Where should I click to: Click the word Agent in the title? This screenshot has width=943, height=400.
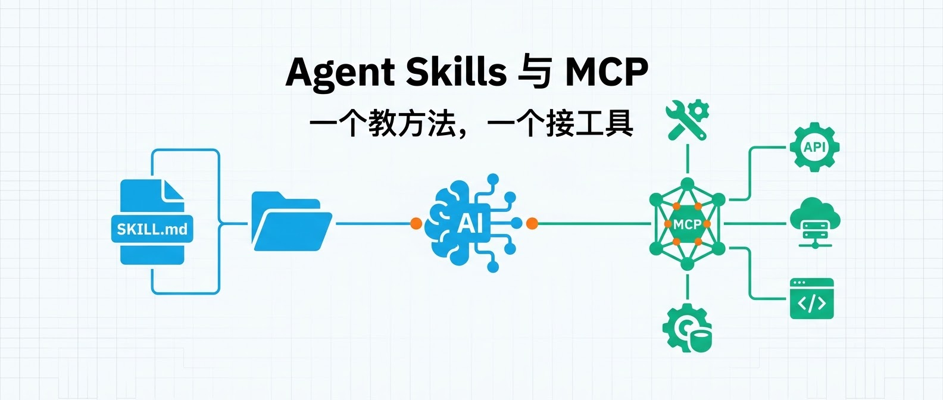tap(340, 73)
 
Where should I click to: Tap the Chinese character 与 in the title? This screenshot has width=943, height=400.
tap(535, 72)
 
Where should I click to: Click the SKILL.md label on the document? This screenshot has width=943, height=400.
tap(152, 230)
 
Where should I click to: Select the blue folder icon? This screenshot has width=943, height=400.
tap(292, 221)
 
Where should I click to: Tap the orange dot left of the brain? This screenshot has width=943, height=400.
tap(416, 224)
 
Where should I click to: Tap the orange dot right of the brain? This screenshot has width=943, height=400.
tap(532, 224)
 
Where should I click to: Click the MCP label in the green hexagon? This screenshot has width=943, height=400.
tap(687, 225)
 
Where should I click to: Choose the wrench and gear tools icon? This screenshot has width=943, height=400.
tap(687, 120)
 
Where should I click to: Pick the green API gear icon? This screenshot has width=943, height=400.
tap(814, 147)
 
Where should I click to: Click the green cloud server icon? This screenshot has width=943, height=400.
tap(814, 224)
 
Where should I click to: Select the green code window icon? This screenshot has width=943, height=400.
tap(811, 299)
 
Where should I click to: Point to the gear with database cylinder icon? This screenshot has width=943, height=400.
tap(687, 328)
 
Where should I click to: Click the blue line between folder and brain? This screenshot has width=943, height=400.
tap(373, 224)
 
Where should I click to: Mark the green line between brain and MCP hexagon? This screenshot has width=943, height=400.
tap(594, 224)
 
